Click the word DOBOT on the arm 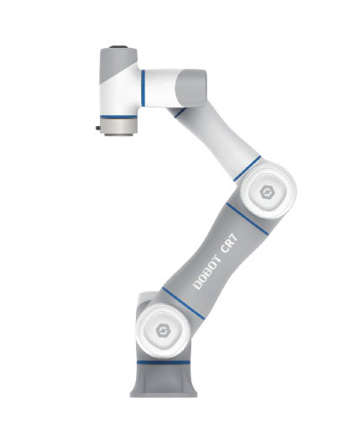tap(206, 272)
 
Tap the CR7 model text tap(229, 243)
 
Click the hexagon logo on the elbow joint tap(266, 192)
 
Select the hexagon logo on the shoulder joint tap(162, 330)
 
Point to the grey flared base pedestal tap(164, 380)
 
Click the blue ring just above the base tap(164, 362)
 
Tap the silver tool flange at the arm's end tap(118, 128)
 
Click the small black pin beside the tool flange tap(98, 128)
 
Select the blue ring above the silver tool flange tap(118, 117)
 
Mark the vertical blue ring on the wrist tap(143, 88)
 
